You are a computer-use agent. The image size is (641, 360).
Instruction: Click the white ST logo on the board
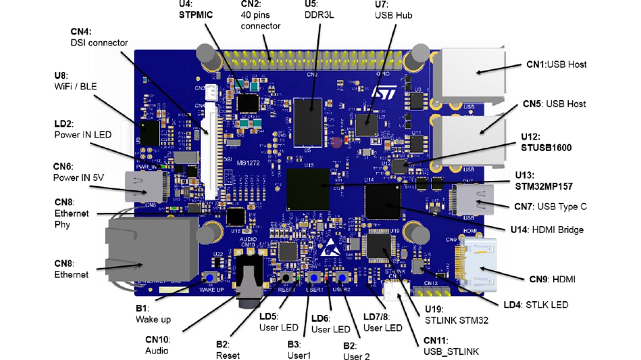coord(379,94)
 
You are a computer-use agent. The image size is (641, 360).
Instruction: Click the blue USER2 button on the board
coord(342,279)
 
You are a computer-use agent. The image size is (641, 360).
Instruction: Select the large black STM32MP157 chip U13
coord(308,186)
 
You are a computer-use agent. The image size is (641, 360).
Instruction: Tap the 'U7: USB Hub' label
coord(393,10)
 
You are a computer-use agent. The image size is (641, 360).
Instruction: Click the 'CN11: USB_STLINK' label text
coord(450,346)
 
